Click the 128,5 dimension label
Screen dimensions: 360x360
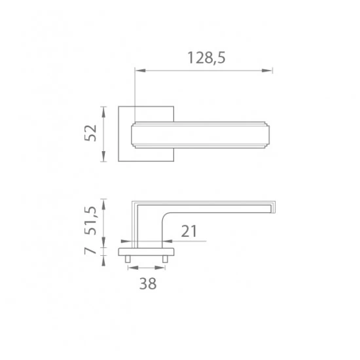tap(206, 58)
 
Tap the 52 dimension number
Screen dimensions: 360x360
tap(91, 133)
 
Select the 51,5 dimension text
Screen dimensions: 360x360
tap(91, 221)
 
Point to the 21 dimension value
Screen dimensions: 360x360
tap(189, 231)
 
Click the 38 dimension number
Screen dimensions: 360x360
tap(148, 283)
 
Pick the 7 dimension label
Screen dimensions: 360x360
tap(90, 250)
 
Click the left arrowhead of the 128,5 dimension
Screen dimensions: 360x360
tap(140, 71)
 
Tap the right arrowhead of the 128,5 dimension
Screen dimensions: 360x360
tap(267, 71)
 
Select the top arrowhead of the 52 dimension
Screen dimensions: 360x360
tap(103, 112)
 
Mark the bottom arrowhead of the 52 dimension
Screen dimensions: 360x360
tap(103, 156)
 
